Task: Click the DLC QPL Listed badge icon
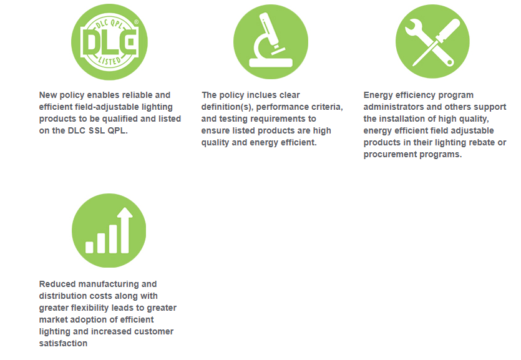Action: [109, 42]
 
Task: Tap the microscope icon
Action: [271, 42]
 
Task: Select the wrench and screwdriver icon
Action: [432, 42]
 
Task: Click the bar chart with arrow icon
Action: [109, 230]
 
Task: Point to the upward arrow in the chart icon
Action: [125, 230]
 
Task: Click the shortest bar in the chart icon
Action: [89, 248]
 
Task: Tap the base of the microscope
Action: [271, 63]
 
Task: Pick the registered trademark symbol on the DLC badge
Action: [136, 22]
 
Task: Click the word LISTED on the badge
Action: [110, 61]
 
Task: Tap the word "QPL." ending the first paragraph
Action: [118, 131]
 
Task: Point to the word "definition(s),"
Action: [227, 107]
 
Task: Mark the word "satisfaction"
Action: [63, 343]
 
